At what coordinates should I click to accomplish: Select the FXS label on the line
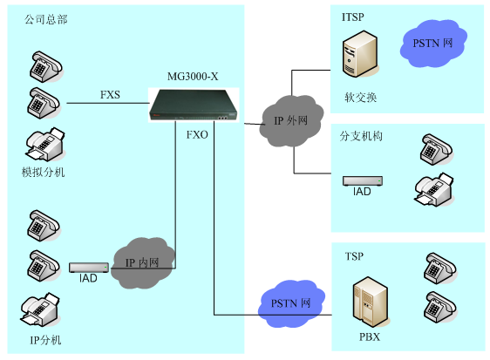110,95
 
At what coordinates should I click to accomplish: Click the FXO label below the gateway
197,136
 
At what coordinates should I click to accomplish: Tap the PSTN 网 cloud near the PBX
289,303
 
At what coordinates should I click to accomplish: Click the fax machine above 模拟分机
43,142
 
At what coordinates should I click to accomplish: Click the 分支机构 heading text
361,137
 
